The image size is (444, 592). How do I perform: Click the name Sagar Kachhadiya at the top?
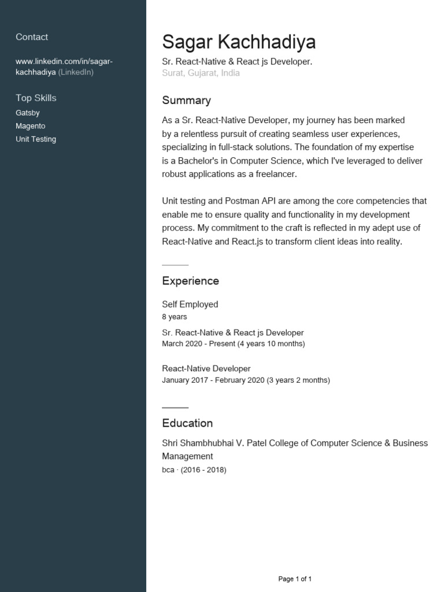point(239,42)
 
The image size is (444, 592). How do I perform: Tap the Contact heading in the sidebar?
point(32,37)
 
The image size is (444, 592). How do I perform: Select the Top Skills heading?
point(36,98)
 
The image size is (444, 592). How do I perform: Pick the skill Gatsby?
point(28,113)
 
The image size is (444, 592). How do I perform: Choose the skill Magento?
point(30,126)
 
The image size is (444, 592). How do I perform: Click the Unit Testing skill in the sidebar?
point(36,139)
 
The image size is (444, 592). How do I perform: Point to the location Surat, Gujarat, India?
point(201,73)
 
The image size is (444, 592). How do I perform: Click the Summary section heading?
point(186,100)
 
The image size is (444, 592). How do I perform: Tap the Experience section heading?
point(190,281)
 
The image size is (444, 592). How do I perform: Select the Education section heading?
point(187,423)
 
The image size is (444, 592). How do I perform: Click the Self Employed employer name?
point(190,304)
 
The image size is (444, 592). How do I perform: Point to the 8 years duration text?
point(174,317)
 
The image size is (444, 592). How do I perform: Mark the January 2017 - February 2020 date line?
point(213,380)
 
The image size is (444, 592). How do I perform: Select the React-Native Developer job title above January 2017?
point(206,368)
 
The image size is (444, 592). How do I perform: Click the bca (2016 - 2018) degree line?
point(194,470)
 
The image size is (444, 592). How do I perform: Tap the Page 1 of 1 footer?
point(295,579)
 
